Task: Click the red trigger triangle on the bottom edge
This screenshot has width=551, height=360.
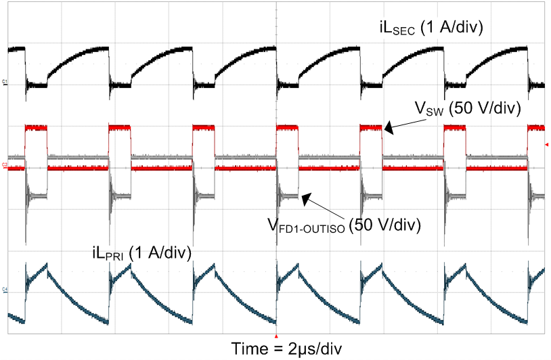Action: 276,336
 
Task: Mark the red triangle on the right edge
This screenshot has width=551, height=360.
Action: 546,144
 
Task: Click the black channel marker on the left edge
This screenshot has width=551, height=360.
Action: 5,83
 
